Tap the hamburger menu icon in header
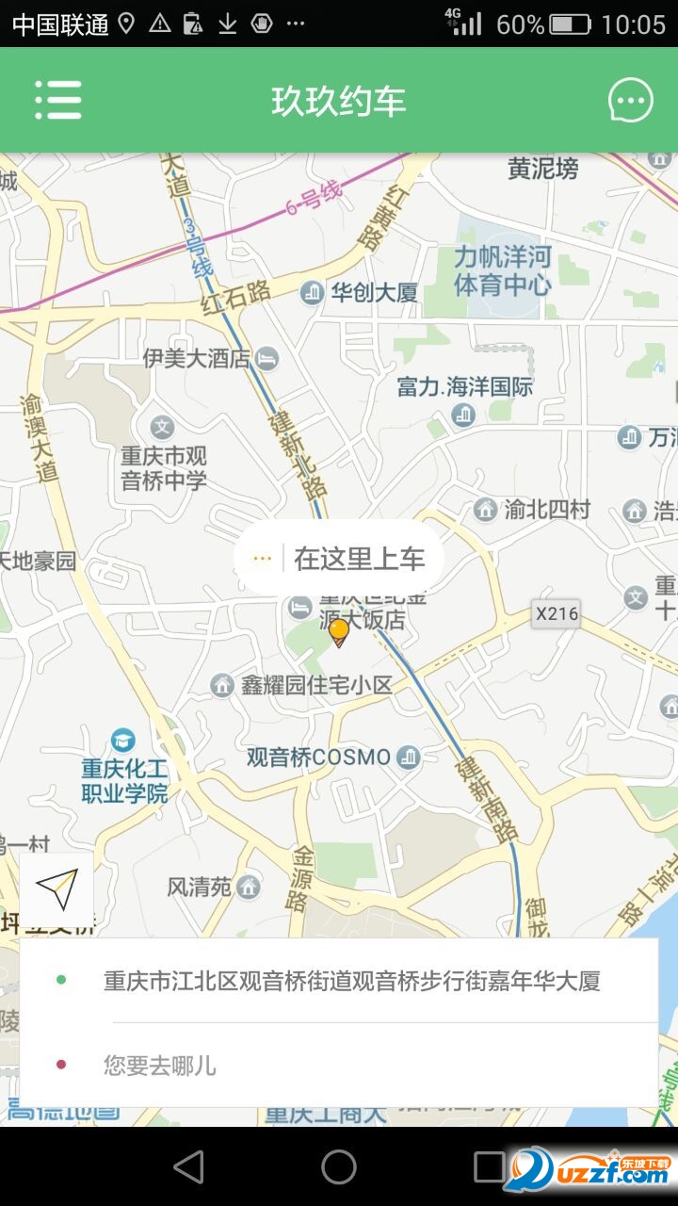pos(58,100)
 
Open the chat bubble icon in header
pos(630,101)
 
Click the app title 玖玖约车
pos(339,101)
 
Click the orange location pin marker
pos(339,631)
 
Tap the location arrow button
pos(56,889)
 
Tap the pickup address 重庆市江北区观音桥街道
pos(351,981)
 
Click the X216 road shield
pos(556,614)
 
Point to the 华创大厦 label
pos(373,292)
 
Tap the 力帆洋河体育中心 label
pos(502,270)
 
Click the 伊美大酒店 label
pos(198,358)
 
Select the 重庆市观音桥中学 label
pos(163,467)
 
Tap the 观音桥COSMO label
pos(318,758)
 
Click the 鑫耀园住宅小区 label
pos(315,685)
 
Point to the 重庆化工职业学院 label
pos(124,780)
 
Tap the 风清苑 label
pos(200,887)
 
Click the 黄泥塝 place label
pos(543,169)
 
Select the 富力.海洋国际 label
pos(464,386)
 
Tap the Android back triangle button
pos(188,1166)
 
